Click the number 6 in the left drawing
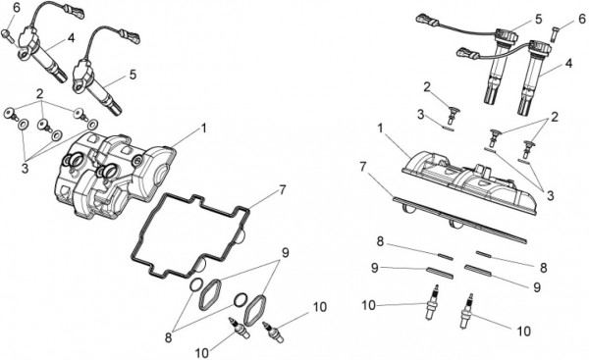click(16, 8)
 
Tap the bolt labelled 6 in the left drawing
click(8, 35)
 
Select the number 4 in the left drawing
click(72, 38)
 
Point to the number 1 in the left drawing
click(203, 129)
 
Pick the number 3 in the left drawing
click(25, 169)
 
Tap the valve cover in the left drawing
click(113, 174)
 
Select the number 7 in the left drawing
click(283, 190)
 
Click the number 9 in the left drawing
click(286, 253)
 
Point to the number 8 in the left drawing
click(168, 337)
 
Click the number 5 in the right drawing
click(539, 19)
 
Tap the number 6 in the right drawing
click(581, 18)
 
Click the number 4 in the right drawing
click(569, 64)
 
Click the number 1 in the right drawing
click(380, 129)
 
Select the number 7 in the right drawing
click(362, 167)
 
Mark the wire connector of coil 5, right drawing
click(427, 20)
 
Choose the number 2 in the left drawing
click(40, 94)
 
